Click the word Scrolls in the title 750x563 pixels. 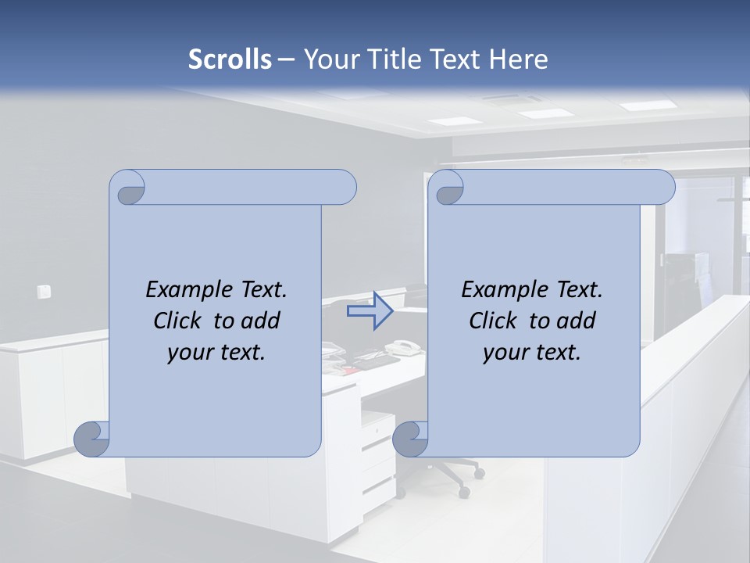230,59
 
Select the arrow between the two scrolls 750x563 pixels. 370,311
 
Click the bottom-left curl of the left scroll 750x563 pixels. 91,439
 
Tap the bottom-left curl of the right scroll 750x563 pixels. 409,439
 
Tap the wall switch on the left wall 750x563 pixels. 44,292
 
